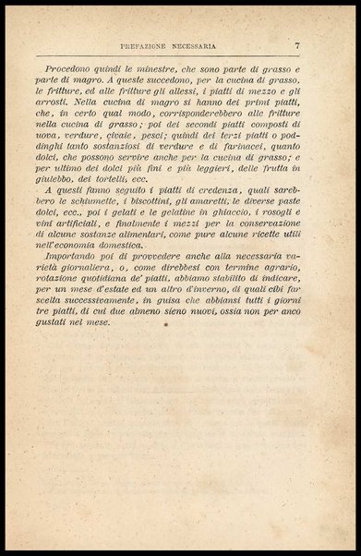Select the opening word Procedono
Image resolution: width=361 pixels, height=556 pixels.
click(x=76, y=69)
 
